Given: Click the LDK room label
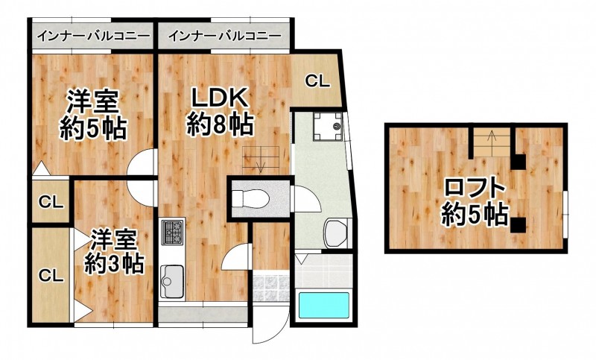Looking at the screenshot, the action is [220, 111].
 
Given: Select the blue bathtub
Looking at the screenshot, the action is [323, 306].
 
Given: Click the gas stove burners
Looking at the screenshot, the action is [173, 232].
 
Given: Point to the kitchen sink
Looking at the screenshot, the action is [172, 281].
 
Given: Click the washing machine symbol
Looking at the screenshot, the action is [328, 127].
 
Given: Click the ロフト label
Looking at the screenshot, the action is [475, 188].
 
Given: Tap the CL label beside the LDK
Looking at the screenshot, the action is [317, 81].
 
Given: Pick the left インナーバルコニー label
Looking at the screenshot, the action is [93, 37].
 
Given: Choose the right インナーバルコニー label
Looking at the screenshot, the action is [225, 37].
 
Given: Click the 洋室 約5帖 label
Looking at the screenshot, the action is [93, 116].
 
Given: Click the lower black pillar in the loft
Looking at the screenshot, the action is [518, 224].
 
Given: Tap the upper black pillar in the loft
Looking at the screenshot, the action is [518, 162].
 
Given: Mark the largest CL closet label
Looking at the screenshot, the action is [51, 275].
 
